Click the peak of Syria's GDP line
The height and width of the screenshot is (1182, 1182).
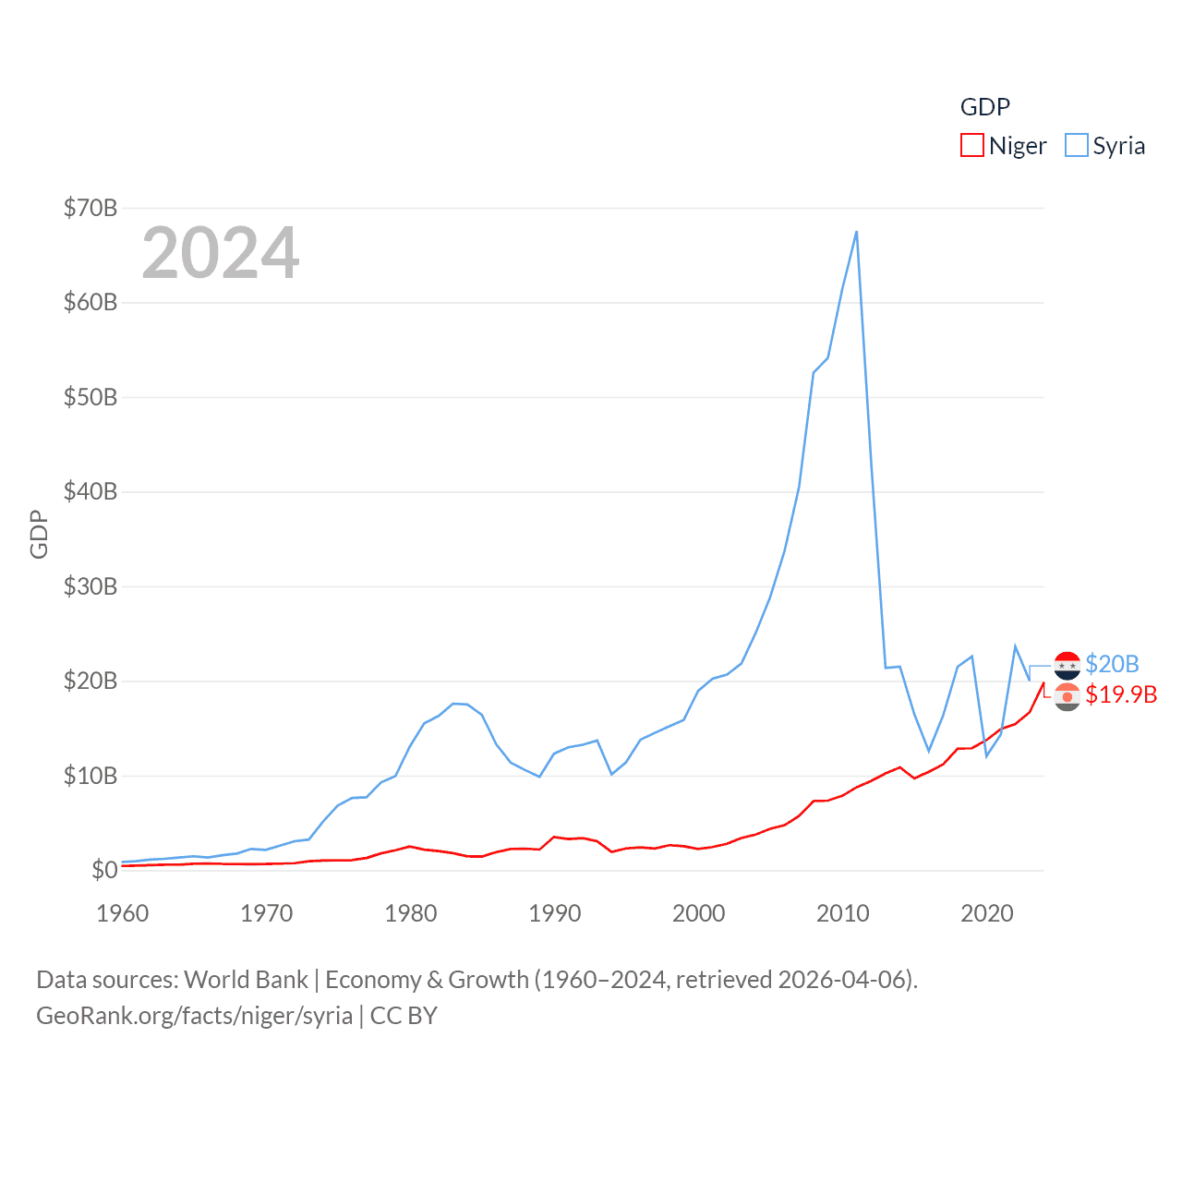coord(856,232)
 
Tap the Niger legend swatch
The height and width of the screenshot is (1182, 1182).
coord(971,146)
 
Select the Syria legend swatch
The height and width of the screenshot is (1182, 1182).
coord(1076,146)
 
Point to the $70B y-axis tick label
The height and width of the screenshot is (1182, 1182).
coord(90,208)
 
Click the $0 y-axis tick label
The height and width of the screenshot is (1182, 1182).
coord(104,870)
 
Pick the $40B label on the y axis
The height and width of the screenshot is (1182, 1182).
coord(90,491)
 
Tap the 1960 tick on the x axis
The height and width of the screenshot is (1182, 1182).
coord(123,913)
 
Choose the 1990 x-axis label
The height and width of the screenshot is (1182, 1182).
coord(555,913)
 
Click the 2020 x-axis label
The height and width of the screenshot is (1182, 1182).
coord(987,913)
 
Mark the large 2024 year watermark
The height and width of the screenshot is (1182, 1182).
coord(221,253)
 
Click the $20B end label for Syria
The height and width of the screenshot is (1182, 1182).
coord(1112,664)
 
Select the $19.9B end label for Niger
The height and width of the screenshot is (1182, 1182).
coord(1121,694)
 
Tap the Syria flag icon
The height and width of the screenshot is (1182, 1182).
coord(1067,665)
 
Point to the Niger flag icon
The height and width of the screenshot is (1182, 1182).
coord(1067,696)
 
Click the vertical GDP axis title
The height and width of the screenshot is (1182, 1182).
coord(39,534)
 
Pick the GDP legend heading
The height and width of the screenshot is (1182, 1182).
coord(985,107)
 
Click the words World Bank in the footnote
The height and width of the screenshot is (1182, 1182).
coord(246,979)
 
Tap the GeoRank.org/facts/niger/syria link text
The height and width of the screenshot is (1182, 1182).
coord(194,1016)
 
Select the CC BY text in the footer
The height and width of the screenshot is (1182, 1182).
coord(404,1016)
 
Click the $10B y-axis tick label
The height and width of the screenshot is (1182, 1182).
coord(90,776)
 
